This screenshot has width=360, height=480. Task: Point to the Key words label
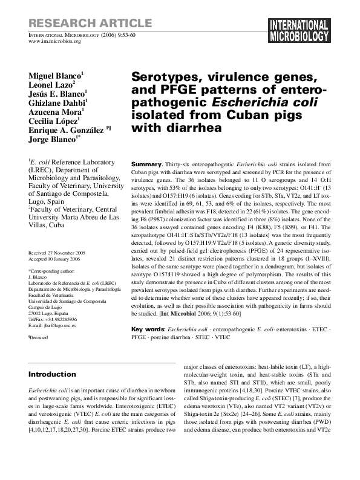(x=148, y=329)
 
